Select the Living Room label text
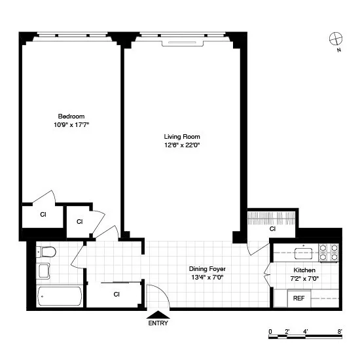181,137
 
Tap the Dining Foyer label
207,269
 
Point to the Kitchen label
304,270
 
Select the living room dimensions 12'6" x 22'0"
181,145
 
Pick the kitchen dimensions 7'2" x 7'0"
304,278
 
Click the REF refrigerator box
298,298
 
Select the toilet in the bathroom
46,252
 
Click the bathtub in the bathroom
60,297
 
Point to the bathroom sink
44,270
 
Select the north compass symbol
335,39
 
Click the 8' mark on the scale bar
339,331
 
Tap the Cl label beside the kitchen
272,229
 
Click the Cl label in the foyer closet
117,294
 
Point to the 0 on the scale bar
270,331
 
